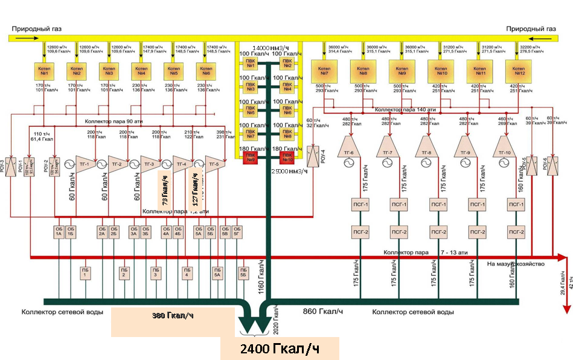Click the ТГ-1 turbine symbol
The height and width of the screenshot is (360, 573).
[x=85, y=163]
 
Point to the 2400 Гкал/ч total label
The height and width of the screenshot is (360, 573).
[x=278, y=349]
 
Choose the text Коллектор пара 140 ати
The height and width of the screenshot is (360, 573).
[x=403, y=109]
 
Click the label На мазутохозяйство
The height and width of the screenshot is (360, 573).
[x=516, y=264]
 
